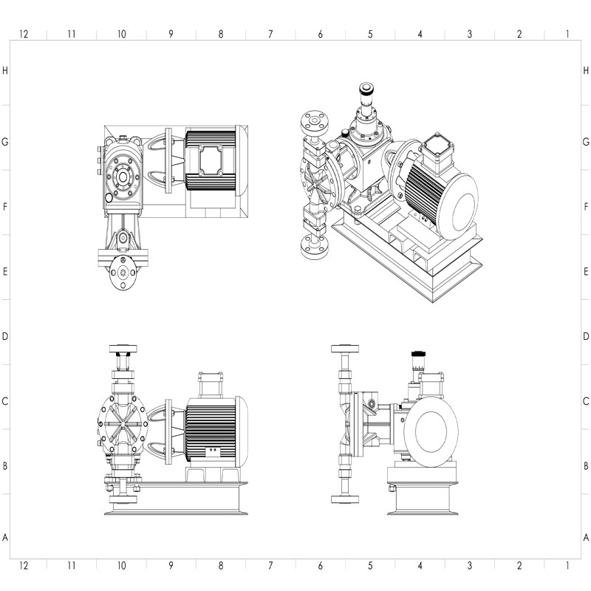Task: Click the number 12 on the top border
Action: (24, 34)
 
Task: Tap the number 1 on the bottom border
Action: (567, 565)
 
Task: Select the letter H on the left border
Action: (5, 70)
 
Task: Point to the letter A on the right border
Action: (586, 537)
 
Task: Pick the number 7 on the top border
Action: (270, 34)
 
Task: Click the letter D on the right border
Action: (586, 336)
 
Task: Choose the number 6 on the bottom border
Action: (320, 565)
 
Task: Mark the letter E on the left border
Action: (5, 271)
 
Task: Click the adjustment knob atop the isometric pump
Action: (366, 89)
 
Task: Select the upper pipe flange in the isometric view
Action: (315, 123)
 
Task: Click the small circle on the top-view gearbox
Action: (109, 197)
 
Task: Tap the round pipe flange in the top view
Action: (123, 273)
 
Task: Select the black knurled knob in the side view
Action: (418, 354)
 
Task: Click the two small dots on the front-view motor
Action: (213, 450)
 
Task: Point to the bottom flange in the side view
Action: (345, 499)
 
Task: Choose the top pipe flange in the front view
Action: (123, 349)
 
